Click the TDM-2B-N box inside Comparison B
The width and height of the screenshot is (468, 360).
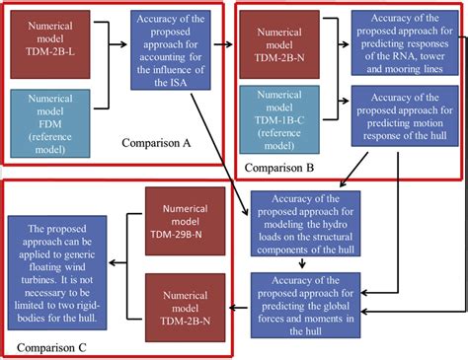click(285, 44)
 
